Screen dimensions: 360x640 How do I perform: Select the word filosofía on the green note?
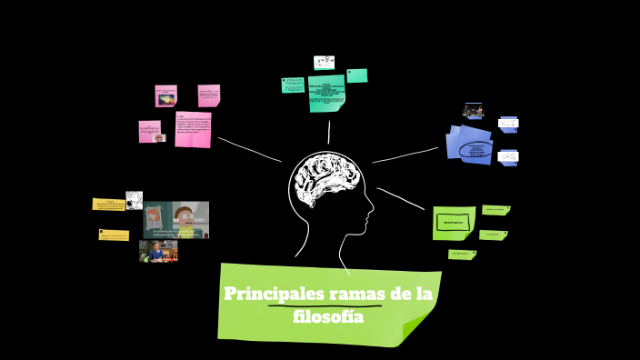328,317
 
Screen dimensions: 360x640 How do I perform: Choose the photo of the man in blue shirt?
158,250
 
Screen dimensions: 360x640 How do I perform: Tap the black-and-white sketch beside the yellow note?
134,200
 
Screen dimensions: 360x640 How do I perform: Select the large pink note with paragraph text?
193,129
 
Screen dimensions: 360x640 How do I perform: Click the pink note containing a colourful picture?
165,95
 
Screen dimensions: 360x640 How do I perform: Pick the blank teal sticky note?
356,75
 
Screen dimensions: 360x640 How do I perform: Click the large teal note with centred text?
327,94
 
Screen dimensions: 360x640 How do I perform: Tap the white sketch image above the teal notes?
325,63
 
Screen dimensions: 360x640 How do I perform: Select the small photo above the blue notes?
474,110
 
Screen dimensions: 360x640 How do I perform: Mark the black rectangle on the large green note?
452,221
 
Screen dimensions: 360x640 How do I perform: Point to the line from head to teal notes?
328,132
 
